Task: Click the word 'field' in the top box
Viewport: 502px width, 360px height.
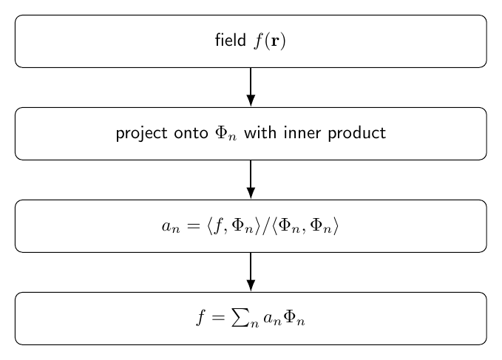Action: [230, 40]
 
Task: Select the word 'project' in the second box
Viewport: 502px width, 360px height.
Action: [141, 134]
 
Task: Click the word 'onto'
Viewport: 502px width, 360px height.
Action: [191, 133]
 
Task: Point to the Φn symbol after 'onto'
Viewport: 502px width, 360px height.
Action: [226, 134]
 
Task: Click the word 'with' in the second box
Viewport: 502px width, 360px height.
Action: [260, 132]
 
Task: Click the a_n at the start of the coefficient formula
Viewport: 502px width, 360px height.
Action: [171, 227]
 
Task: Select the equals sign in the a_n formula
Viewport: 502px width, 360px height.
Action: [194, 226]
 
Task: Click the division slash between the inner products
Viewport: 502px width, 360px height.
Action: [265, 226]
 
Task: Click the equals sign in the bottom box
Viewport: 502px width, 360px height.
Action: [218, 318]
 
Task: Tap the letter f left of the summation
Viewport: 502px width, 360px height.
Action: [200, 317]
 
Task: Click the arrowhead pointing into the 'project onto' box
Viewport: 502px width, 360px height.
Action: [251, 101]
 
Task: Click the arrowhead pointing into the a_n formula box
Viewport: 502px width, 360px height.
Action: [251, 193]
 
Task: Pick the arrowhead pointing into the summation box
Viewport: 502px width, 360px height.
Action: [251, 285]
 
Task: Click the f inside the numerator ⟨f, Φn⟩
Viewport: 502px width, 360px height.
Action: [218, 225]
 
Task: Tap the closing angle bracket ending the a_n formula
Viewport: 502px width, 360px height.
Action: [336, 226]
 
